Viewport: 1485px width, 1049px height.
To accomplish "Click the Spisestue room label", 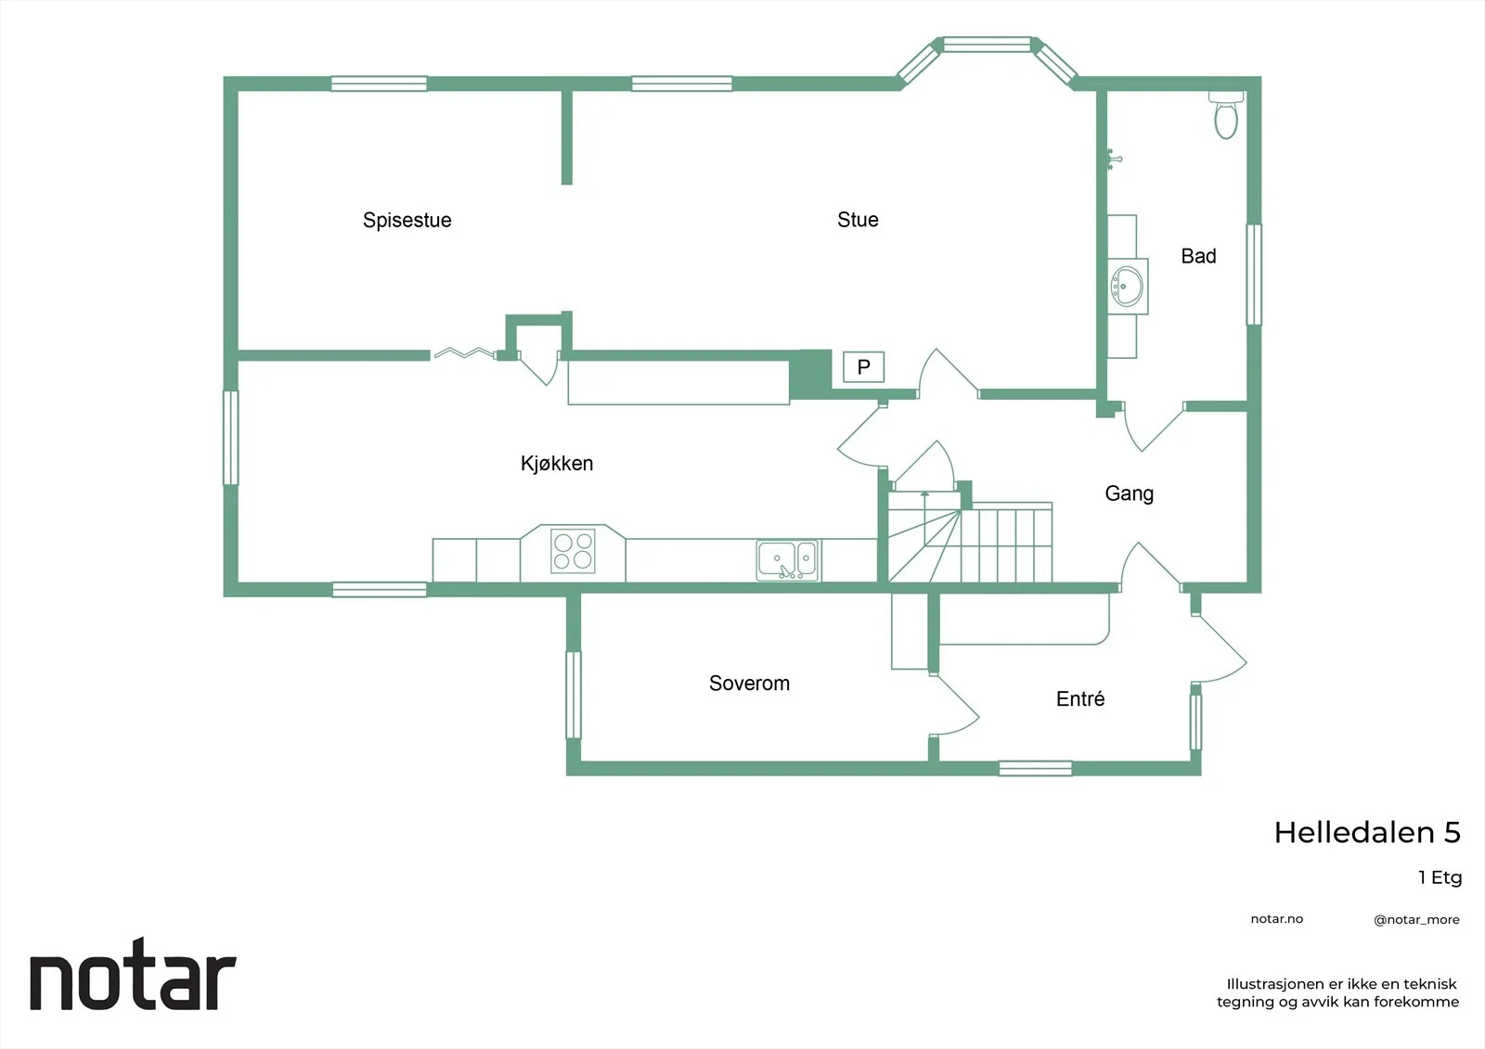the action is point(407,220).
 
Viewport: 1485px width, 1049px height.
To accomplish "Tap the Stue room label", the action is point(858,219).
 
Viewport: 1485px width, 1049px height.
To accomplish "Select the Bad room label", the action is point(1198,256).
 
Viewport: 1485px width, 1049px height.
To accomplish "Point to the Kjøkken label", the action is point(557,463).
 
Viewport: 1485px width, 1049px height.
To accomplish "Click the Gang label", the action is point(1129,493).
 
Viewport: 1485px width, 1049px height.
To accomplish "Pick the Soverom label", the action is point(749,684).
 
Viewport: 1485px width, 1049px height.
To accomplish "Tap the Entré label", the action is point(1080,698).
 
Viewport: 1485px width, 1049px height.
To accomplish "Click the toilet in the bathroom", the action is point(1226,115).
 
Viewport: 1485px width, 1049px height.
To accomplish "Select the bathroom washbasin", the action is point(1127,287).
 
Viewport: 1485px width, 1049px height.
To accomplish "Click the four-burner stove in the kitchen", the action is point(573,551).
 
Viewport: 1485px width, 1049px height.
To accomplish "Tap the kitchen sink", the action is point(787,560).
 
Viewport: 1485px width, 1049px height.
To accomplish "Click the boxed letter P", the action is point(863,366).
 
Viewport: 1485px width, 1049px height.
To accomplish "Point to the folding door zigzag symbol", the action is point(464,352).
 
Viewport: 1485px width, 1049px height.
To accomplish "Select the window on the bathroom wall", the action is point(1254,275).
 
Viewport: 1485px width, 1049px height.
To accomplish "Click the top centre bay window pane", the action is point(988,45).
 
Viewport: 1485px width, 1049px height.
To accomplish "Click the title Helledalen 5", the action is point(1367,832).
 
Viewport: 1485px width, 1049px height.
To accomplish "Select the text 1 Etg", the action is point(1440,877).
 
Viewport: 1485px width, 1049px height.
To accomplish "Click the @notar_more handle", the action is point(1416,919).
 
